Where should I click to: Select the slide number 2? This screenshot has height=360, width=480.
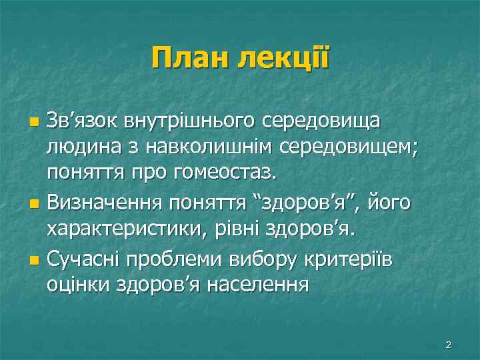[x=448, y=345]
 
